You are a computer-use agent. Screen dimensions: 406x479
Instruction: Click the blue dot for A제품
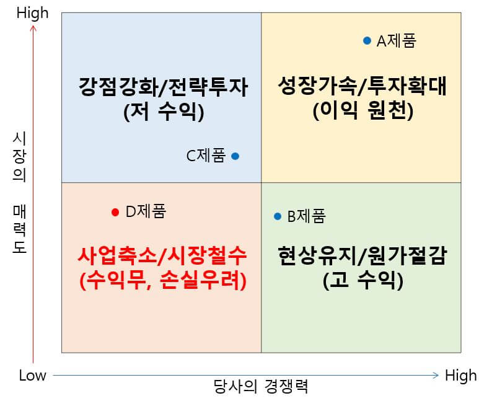click(367, 41)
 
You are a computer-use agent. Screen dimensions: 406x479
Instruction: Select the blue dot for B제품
click(278, 216)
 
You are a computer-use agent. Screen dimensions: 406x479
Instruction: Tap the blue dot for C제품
click(235, 156)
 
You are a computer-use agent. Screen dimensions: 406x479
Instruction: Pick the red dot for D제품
click(115, 212)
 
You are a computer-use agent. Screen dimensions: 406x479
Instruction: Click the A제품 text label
click(397, 41)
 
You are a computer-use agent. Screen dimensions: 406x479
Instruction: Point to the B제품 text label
click(306, 216)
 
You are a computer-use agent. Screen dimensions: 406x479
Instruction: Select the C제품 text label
click(206, 156)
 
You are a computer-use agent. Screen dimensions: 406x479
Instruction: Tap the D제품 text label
click(146, 212)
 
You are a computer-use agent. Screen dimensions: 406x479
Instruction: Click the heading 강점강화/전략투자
click(164, 87)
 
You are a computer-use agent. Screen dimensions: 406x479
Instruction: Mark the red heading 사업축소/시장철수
click(163, 255)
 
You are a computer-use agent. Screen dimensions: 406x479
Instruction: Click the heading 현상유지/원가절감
click(363, 255)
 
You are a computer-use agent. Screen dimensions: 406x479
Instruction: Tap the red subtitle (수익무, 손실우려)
click(163, 281)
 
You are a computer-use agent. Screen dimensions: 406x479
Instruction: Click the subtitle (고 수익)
click(363, 281)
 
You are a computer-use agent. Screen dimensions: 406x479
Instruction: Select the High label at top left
click(33, 13)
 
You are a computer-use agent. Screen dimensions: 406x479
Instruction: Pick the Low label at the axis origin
click(33, 375)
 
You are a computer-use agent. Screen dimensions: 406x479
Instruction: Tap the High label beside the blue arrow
click(460, 375)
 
